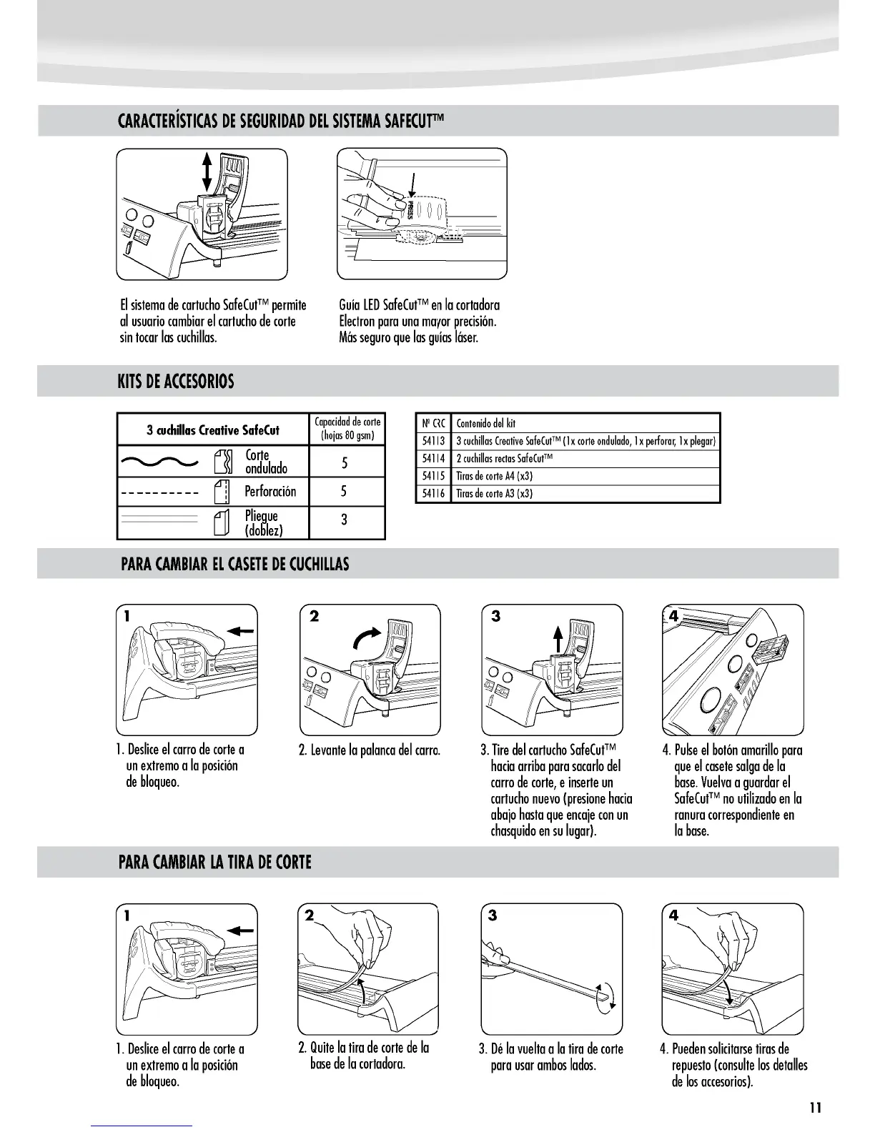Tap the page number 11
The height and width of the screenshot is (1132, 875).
coord(816,1108)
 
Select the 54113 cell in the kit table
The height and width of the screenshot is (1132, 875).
coord(433,441)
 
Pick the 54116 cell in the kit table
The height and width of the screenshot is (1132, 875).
coord(433,494)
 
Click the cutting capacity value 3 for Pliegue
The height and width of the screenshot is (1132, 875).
coord(345,520)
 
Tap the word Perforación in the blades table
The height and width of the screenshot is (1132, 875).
coord(270,491)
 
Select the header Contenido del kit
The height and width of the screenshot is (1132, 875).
coord(486,423)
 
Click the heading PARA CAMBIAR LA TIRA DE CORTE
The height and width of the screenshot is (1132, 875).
coord(214,862)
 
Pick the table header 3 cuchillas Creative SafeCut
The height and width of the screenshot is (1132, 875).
coord(213,430)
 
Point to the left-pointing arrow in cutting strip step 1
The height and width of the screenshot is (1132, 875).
coord(241,930)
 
